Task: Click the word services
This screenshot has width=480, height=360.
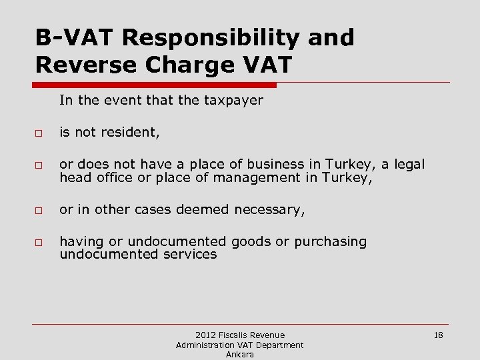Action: pos(189,254)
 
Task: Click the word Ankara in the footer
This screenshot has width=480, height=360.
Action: pos(239,354)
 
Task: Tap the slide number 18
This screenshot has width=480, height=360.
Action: pos(438,335)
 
